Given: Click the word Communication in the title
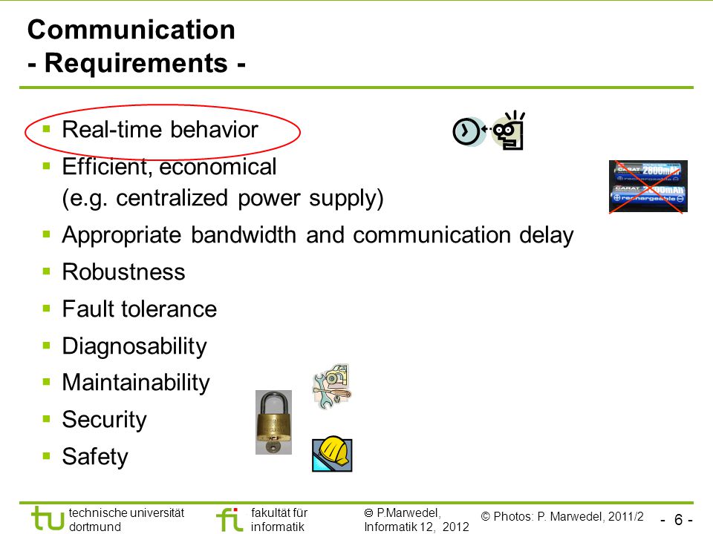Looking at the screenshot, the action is [131, 30].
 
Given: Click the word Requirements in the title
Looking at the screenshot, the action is [136, 63].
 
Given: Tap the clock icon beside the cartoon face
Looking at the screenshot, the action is [466, 132].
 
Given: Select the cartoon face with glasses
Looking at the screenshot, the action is [508, 131].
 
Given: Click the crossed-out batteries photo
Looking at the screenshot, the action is [648, 186].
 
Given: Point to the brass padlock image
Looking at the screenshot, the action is [273, 422].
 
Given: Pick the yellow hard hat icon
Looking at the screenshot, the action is [333, 454].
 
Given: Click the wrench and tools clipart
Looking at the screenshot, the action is [333, 386].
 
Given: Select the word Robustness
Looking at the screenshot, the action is [124, 272].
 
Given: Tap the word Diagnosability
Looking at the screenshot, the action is [134, 346].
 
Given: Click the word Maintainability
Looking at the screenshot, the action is [136, 383].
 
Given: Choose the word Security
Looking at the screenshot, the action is [105, 420].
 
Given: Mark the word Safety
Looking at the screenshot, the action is [95, 456].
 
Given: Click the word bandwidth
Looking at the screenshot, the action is [244, 235].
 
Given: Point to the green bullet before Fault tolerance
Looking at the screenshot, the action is [46, 309].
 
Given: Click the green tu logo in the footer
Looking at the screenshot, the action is [48, 518].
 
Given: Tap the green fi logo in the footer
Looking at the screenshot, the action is [229, 519].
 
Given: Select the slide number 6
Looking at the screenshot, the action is [678, 519].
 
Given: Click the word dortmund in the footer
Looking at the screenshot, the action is [95, 527].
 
